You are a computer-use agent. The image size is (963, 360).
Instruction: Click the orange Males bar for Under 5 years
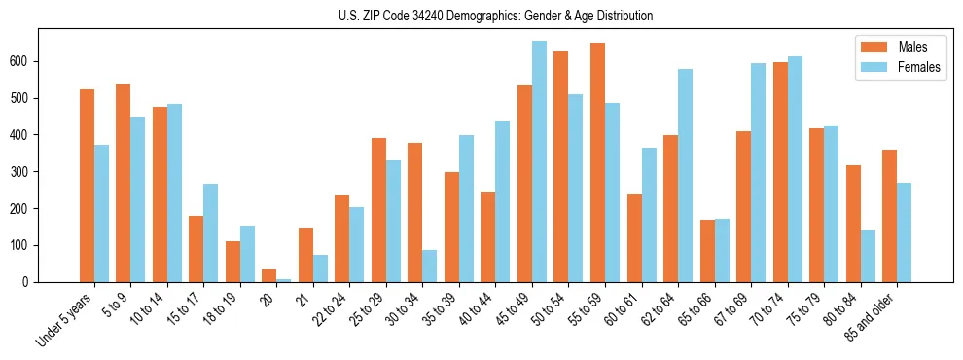coord(87,185)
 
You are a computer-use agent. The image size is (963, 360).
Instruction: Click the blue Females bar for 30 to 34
coord(429,266)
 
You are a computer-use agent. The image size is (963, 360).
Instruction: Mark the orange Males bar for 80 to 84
coord(853,224)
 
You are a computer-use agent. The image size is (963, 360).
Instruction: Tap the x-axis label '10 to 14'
coord(154,306)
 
